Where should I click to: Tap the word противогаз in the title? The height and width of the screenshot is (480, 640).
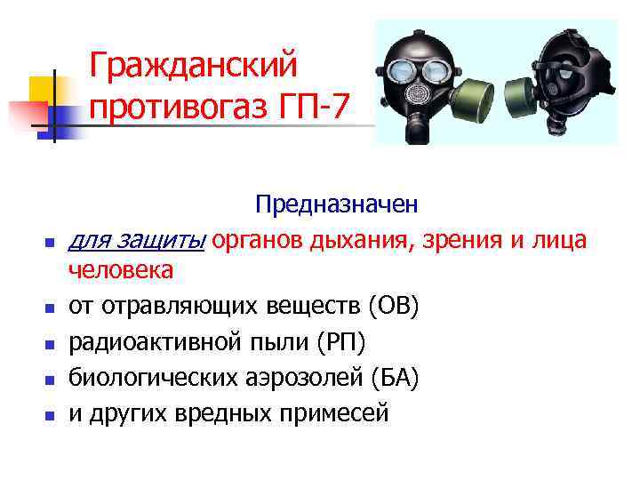click(188, 108)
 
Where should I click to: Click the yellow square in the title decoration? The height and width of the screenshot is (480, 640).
click(42, 89)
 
